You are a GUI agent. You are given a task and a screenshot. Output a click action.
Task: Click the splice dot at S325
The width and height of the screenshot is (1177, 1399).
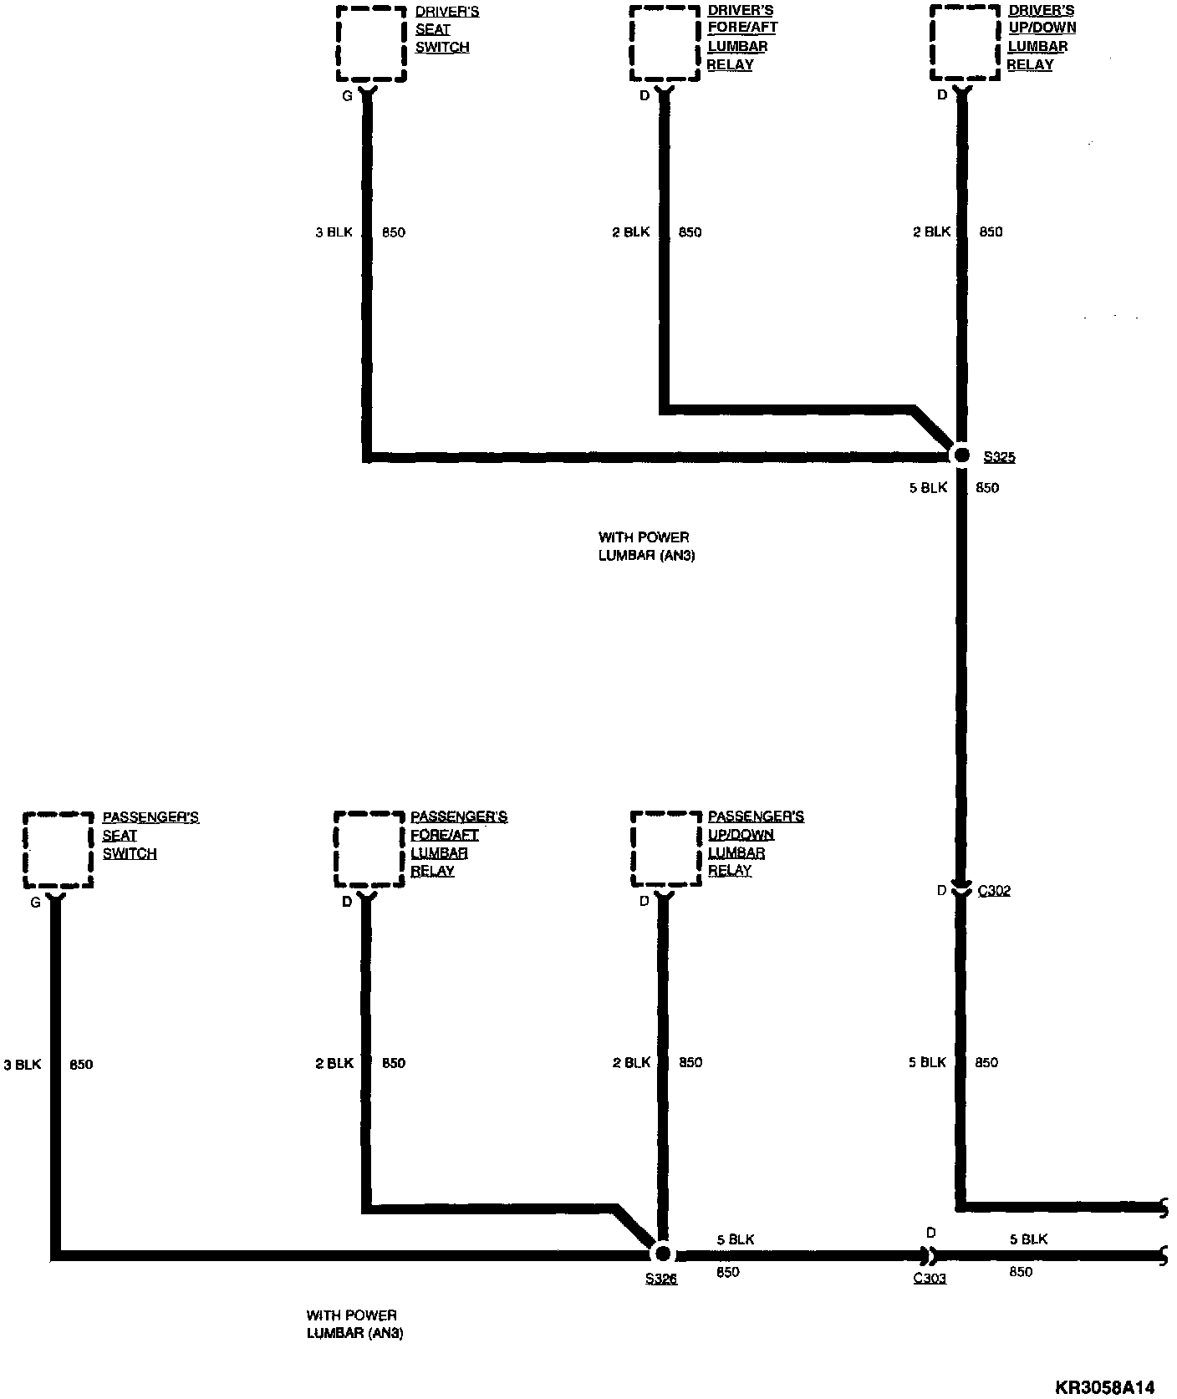[x=961, y=455]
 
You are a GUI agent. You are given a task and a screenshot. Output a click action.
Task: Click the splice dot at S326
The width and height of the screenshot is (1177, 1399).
[x=662, y=1253]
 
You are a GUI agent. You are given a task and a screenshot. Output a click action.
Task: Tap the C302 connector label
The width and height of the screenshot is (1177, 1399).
[x=994, y=891]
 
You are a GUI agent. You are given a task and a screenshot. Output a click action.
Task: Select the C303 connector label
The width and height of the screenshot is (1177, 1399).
[x=930, y=1278]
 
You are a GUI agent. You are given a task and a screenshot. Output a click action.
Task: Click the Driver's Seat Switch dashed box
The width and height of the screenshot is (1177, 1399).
[x=371, y=44]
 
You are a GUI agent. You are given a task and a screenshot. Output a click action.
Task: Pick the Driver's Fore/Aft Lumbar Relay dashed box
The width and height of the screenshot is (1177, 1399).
[x=665, y=44]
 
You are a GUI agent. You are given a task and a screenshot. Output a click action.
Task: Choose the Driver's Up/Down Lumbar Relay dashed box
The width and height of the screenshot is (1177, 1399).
[x=966, y=44]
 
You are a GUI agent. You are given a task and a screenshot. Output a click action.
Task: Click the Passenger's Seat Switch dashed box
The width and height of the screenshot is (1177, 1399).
[x=58, y=850]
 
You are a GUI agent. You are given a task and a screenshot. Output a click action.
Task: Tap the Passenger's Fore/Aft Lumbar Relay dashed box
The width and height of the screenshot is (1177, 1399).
[x=368, y=849]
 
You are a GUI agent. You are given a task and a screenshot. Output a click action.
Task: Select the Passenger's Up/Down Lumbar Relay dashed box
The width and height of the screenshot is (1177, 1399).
[x=665, y=848]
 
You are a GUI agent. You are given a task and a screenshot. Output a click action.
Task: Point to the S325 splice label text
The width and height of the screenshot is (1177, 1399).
[x=1000, y=457]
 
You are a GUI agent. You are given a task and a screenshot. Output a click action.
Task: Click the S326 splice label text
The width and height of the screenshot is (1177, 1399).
[x=661, y=1279]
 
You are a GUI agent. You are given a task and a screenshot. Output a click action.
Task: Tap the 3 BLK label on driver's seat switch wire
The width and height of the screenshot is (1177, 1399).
[x=334, y=232]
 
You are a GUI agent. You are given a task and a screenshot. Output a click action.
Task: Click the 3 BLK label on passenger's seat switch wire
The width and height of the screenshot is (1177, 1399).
[x=23, y=1065]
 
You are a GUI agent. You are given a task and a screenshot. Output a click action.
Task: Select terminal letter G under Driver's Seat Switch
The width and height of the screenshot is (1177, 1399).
[x=347, y=96]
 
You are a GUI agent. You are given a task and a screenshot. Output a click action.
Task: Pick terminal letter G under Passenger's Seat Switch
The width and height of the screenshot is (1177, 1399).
[x=35, y=903]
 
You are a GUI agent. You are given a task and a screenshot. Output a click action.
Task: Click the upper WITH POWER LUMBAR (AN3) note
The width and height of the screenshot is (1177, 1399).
[x=646, y=546]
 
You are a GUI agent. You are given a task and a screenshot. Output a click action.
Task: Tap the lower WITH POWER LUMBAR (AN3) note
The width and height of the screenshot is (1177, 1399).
[x=354, y=1324]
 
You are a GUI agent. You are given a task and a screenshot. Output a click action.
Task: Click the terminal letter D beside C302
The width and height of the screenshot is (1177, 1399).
[x=941, y=891]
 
